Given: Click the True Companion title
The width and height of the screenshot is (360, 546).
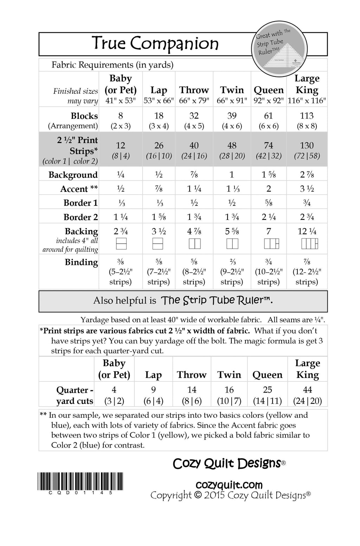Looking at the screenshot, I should [x=155, y=44].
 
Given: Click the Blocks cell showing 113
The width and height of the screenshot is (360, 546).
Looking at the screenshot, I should [x=307, y=116].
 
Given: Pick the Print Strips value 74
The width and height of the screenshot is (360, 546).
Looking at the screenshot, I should [x=269, y=145].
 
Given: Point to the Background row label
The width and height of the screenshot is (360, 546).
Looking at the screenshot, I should [x=73, y=175].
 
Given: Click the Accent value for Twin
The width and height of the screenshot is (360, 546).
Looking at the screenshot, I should [x=232, y=189].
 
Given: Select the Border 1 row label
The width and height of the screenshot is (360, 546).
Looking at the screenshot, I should [x=81, y=203].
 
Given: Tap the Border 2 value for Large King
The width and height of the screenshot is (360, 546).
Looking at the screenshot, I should [x=307, y=217].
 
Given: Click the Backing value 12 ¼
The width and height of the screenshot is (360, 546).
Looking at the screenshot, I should [x=307, y=231].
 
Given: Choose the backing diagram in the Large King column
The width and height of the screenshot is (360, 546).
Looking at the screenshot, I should [x=309, y=243].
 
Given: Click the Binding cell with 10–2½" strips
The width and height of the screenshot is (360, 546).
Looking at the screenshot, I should [x=269, y=272].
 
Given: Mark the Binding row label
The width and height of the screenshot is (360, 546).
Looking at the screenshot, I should [x=81, y=262].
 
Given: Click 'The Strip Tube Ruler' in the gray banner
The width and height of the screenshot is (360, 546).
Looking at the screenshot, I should [x=217, y=300].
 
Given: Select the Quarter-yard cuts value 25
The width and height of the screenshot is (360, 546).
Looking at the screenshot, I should [x=268, y=390].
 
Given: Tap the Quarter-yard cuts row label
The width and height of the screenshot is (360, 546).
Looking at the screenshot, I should [x=75, y=396].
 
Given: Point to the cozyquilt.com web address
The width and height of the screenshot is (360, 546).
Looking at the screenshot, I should [x=229, y=485].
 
